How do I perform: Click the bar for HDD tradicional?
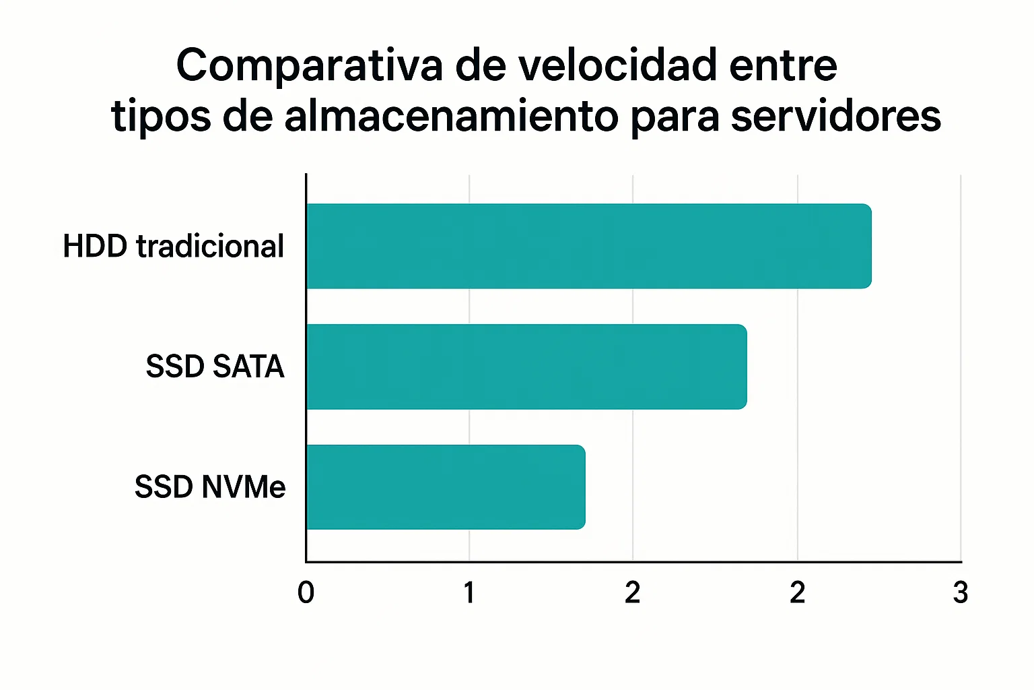coord(588,246)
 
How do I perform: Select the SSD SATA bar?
coord(526,367)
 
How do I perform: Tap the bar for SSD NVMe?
coord(446,487)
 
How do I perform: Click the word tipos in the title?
coord(161,117)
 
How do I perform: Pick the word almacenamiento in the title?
coord(451,116)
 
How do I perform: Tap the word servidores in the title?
coord(835,116)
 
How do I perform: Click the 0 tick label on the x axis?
coord(306,593)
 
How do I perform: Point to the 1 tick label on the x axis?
coord(469,593)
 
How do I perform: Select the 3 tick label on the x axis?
coord(961,593)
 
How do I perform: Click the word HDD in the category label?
coord(95,247)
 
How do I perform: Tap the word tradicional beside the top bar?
coord(210,247)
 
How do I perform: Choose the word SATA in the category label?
coord(248,367)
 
